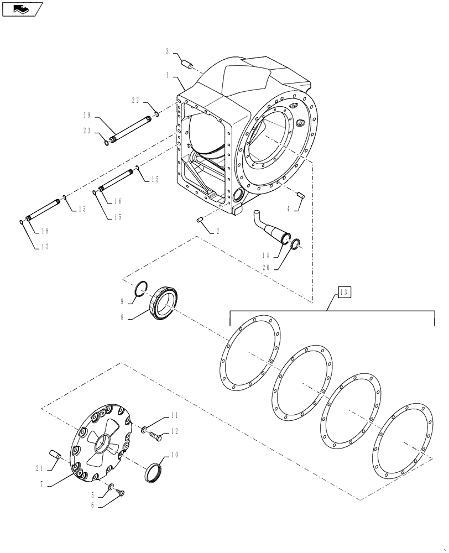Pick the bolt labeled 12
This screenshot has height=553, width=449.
tap(155, 437)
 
